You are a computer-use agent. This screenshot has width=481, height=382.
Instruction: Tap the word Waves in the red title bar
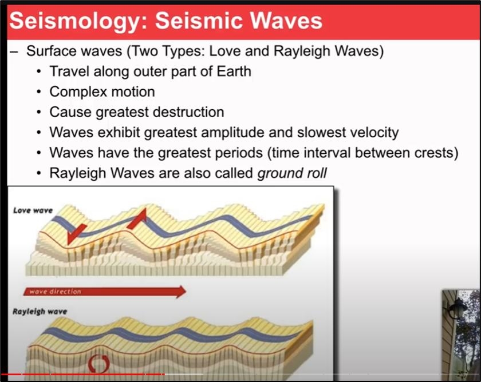(286, 21)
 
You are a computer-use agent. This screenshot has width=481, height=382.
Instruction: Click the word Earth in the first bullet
(234, 71)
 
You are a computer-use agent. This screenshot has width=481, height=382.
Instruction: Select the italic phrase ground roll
(291, 173)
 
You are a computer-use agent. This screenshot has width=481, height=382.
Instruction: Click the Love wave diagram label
(33, 210)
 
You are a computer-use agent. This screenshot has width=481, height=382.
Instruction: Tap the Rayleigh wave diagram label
(40, 312)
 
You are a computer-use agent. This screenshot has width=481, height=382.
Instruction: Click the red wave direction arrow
(105, 292)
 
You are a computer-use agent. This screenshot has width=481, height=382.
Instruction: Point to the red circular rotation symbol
(98, 363)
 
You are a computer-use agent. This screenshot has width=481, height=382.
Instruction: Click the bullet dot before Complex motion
(39, 92)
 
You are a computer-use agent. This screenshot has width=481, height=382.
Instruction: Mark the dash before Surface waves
(14, 52)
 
